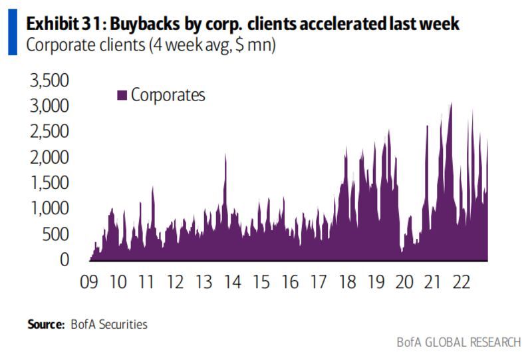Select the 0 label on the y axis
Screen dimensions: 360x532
click(65, 260)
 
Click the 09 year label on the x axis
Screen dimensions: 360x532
click(89, 282)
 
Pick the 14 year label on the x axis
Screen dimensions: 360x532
click(232, 282)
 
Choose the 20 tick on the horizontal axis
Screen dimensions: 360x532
click(404, 282)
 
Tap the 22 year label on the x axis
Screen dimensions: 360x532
click(462, 282)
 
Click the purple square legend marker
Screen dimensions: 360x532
click(122, 95)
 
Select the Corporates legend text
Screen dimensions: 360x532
click(168, 94)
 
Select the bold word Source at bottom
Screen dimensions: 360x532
click(45, 325)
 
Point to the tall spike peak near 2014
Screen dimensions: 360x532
click(225, 155)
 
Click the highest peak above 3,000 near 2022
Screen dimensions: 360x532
click(451, 104)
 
